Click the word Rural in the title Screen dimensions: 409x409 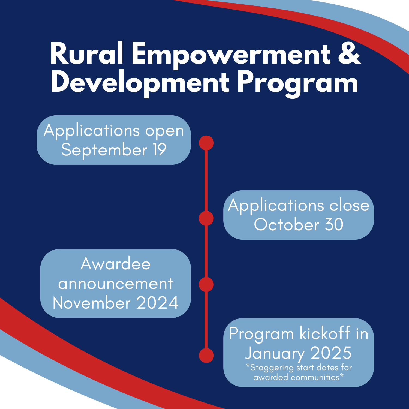(86, 54)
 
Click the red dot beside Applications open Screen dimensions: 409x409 (206, 143)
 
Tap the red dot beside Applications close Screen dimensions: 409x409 (206, 218)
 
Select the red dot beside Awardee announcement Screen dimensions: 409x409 (206, 284)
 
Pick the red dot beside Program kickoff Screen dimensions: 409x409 (206, 355)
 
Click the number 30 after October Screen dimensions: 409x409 (334, 224)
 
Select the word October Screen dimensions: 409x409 (287, 224)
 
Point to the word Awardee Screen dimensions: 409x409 (116, 264)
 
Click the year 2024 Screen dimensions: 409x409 (157, 303)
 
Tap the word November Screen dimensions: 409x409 (92, 303)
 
